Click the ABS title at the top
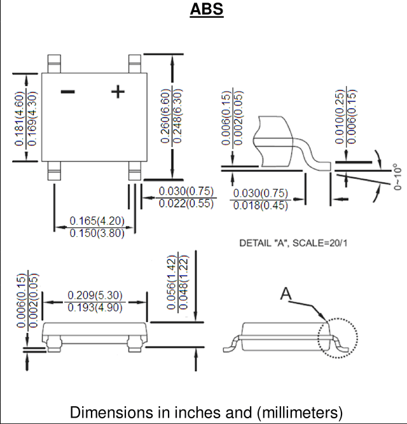[207, 9]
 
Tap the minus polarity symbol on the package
[68, 92]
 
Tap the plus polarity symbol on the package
[118, 92]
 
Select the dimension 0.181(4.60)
[20, 119]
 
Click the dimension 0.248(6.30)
[177, 116]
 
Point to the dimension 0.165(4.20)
[97, 221]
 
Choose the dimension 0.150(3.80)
[97, 233]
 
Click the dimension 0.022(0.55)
[186, 203]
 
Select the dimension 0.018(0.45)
[261, 205]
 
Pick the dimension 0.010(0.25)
[340, 117]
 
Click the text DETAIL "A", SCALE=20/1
[293, 243]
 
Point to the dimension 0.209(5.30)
[95, 295]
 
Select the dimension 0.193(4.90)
[95, 307]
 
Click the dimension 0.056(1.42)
[172, 283]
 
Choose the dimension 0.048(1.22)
[183, 282]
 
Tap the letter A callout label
[286, 293]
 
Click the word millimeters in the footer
[300, 413]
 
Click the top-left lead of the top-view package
[54, 64]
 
